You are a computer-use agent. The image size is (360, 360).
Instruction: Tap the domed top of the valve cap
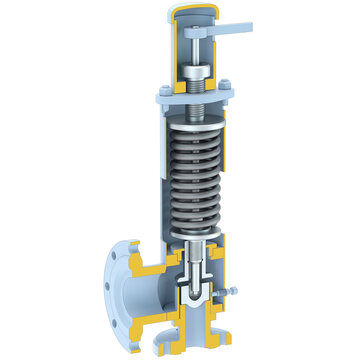pyautogui.click(x=189, y=11)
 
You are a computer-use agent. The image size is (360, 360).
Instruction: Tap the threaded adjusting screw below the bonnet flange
pyautogui.click(x=198, y=102)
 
